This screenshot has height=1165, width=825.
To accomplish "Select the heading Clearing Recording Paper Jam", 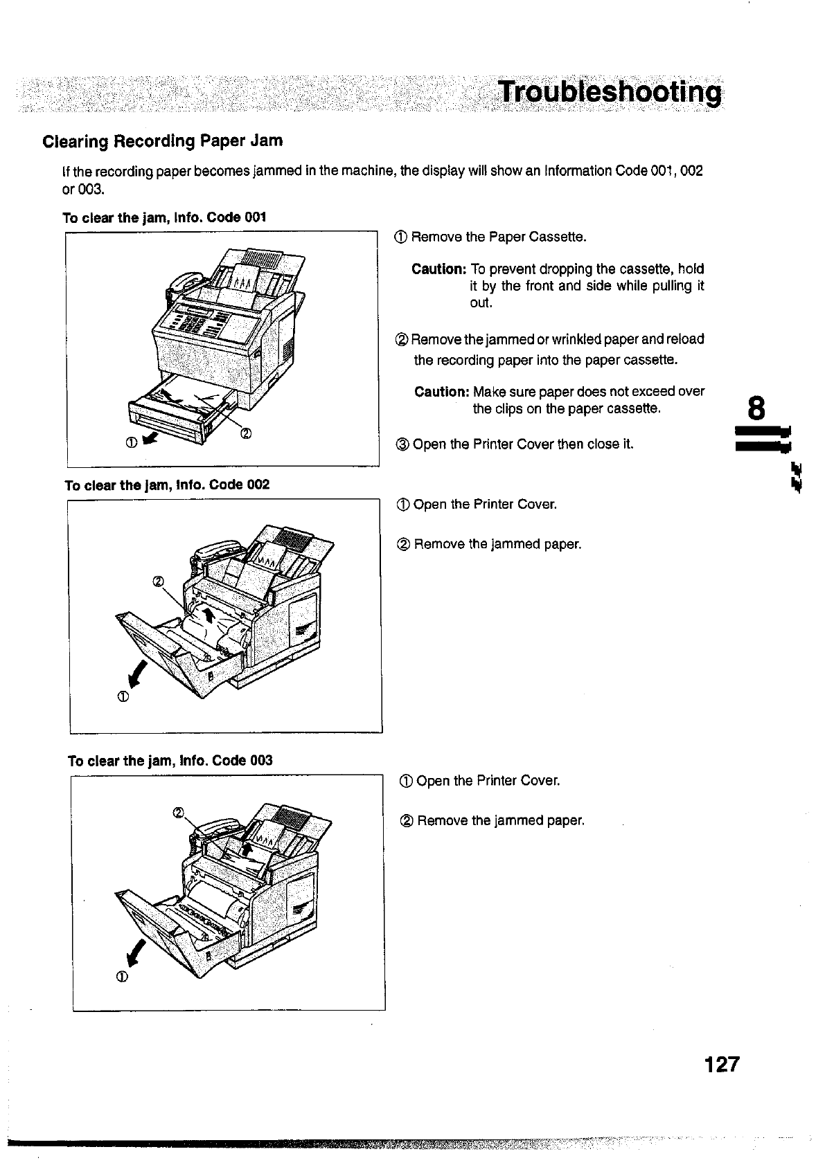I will click(x=163, y=141).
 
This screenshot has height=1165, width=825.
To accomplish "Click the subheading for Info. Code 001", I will click(x=164, y=218).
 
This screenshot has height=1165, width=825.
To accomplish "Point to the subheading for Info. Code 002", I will click(x=167, y=485).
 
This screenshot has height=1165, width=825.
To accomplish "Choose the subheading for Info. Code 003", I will click(x=170, y=761).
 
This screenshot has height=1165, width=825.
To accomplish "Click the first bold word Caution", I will click(x=438, y=269).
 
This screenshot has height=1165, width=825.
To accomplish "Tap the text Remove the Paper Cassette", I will click(x=499, y=237).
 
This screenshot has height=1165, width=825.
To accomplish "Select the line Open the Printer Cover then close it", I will click(x=523, y=444).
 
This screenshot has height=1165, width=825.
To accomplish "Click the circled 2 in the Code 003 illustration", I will click(x=178, y=812).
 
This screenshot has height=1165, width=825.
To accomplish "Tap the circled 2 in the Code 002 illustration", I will click(x=157, y=581).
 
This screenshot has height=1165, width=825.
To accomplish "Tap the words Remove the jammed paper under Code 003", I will click(x=501, y=821).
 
